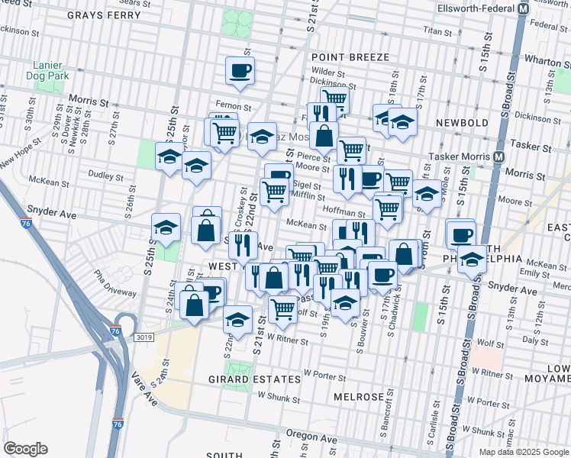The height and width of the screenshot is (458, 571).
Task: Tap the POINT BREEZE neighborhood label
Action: (350, 57)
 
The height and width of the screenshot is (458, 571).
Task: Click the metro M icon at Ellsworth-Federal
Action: (524, 8)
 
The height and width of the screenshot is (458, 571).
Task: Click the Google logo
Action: (24, 449)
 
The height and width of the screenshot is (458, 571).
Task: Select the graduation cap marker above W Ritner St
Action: (238, 318)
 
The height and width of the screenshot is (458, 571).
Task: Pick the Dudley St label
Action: (101, 174)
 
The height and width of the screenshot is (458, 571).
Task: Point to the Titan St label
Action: (438, 31)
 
